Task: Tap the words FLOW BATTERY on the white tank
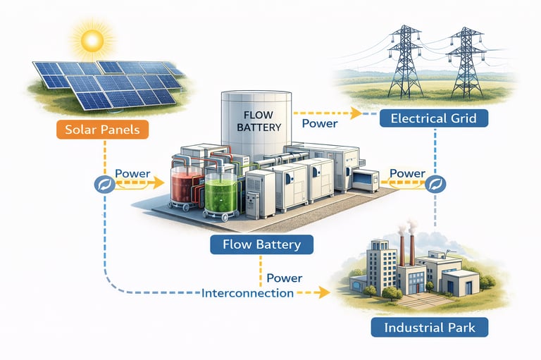click(x=261, y=120)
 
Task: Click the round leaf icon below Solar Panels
click(x=104, y=185)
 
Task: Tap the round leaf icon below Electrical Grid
click(x=434, y=185)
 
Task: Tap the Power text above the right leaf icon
click(x=406, y=173)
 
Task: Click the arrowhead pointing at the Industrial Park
click(x=325, y=291)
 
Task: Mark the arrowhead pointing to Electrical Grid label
click(x=356, y=113)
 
